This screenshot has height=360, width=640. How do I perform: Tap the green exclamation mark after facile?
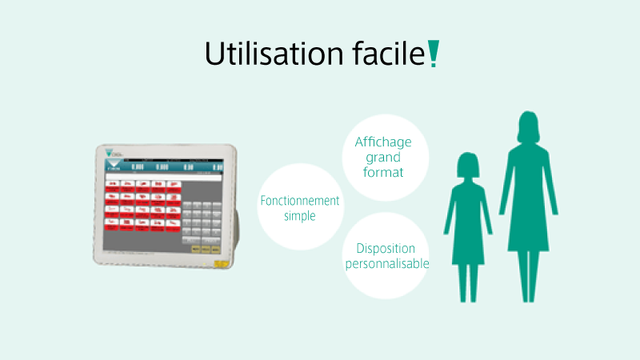click(433, 54)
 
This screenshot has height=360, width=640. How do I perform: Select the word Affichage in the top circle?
click(382, 142)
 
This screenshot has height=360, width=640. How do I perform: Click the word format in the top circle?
click(382, 172)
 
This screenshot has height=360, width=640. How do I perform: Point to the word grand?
click(382, 158)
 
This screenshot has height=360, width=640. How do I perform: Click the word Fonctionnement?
click(300, 202)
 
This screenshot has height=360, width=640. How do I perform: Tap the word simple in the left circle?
click(300, 216)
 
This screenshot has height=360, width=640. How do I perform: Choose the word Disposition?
click(386, 248)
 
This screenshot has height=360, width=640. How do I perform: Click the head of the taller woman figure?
click(527, 126)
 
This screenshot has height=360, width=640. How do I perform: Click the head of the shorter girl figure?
click(468, 166)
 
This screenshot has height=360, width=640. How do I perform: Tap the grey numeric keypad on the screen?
click(201, 219)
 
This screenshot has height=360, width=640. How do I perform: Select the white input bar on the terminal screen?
click(162, 177)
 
